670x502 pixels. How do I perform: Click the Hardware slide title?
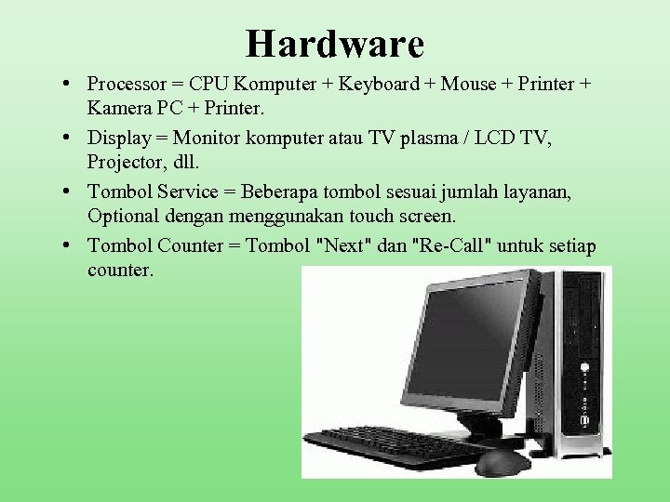point(335,44)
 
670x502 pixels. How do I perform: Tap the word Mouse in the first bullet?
point(468,85)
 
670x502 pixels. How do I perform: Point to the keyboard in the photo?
point(396,443)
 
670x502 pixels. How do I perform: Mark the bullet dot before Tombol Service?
point(71,192)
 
